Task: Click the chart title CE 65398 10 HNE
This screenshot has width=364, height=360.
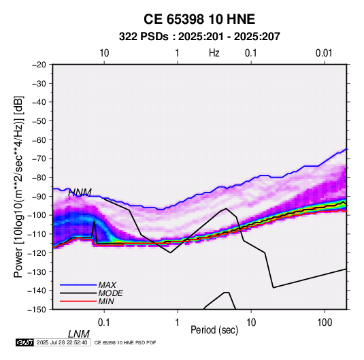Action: pyautogui.click(x=199, y=19)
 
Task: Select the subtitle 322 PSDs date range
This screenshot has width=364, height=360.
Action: pyautogui.click(x=199, y=37)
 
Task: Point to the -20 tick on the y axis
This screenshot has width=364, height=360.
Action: pyautogui.click(x=39, y=65)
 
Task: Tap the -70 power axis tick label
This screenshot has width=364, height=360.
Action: pyautogui.click(x=39, y=159)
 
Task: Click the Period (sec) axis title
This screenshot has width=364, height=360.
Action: pyautogui.click(x=214, y=330)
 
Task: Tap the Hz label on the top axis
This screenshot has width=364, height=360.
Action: pyautogui.click(x=214, y=53)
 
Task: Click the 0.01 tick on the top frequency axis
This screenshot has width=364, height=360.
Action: pyautogui.click(x=324, y=53)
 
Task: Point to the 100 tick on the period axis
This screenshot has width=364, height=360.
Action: pyautogui.click(x=325, y=323)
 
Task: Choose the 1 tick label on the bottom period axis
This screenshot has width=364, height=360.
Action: pyautogui.click(x=178, y=323)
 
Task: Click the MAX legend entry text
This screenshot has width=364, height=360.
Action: pyautogui.click(x=107, y=284)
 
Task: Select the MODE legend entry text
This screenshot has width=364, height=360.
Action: pyautogui.click(x=110, y=293)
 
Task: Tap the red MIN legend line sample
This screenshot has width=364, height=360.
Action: pyautogui.click(x=78, y=301)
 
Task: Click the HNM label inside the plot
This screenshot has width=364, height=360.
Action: pyautogui.click(x=80, y=193)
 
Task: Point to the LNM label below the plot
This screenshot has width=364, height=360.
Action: pyautogui.click(x=79, y=334)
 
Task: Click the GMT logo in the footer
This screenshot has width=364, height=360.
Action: pyautogui.click(x=25, y=342)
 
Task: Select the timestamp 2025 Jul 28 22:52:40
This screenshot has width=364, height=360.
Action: pyautogui.click(x=62, y=342)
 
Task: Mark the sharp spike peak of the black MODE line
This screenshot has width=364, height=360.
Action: pyautogui.click(x=95, y=221)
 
